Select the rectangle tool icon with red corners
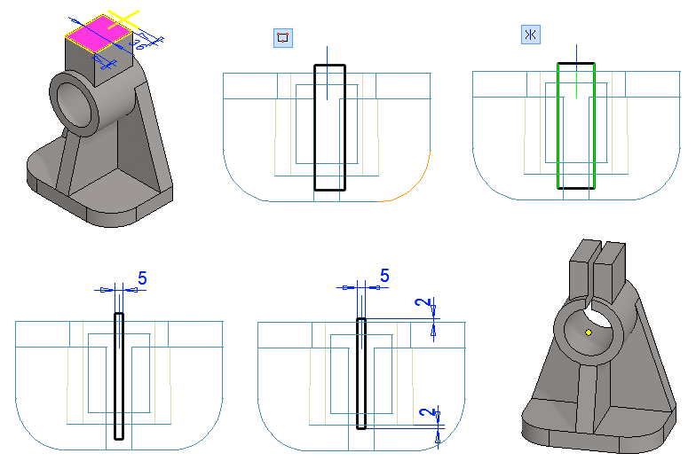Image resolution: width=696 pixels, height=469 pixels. tap(283, 37)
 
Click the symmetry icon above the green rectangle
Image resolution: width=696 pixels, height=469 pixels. tap(531, 35)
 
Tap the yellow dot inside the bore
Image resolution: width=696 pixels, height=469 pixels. tap(589, 332)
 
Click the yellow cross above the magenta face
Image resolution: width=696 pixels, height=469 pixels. tap(124, 19)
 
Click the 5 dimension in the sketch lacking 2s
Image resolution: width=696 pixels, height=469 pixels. tap(141, 277)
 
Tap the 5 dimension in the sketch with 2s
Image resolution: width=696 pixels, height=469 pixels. tap(384, 276)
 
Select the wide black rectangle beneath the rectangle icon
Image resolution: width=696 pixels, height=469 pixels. tap(316, 133)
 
